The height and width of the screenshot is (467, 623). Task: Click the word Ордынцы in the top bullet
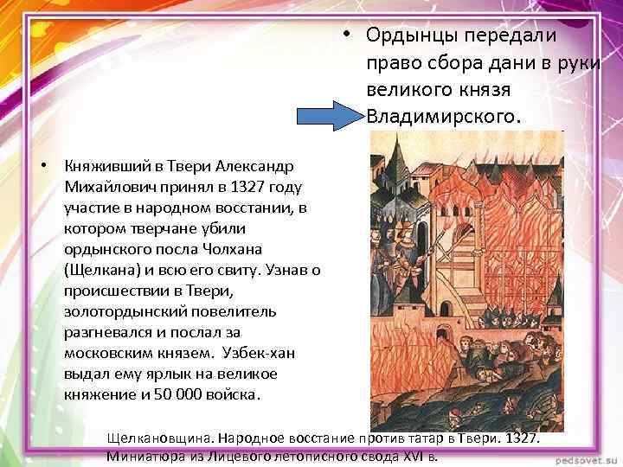tap(407, 35)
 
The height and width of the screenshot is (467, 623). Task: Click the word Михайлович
tap(101, 186)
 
